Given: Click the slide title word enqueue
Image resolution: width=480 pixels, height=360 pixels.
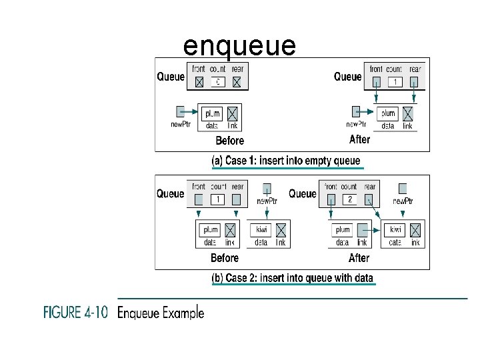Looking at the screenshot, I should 239,45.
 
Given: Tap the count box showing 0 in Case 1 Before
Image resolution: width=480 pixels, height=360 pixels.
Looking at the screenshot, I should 217,83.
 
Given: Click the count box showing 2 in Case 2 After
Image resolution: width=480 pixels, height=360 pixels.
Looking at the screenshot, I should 349,200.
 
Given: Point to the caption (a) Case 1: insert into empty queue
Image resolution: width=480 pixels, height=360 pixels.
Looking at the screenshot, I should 285,161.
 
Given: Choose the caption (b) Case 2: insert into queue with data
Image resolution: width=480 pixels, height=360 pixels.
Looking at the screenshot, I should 292,278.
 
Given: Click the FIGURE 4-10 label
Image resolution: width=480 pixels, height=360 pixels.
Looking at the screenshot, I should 75,313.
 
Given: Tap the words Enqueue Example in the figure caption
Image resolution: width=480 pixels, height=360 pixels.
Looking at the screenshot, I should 161,313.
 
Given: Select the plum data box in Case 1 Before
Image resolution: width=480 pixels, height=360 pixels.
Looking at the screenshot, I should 212,113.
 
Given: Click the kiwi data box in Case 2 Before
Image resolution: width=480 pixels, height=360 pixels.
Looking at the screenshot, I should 261,230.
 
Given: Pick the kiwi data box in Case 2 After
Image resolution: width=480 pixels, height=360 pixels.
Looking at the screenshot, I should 396,230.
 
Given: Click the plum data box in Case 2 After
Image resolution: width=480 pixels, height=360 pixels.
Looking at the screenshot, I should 343,230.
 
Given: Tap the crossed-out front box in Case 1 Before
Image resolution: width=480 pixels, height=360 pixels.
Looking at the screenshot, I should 199,83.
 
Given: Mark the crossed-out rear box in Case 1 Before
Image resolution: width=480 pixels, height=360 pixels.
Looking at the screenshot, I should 237,83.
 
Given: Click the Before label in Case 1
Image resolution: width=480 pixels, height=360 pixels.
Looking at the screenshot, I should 229,141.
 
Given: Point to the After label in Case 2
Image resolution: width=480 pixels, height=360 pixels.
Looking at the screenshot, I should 359,258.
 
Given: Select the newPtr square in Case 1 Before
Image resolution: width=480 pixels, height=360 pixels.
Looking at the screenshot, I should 180,111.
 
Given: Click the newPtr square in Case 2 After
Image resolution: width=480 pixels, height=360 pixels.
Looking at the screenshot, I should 402,189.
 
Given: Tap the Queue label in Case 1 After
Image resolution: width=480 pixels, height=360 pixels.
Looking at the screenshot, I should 347,77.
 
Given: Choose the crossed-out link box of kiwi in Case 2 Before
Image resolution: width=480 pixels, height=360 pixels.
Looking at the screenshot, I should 281,230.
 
